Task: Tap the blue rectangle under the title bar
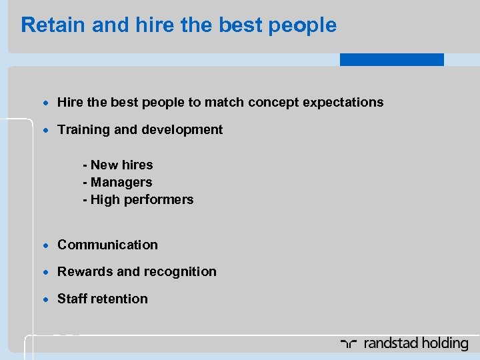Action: click(x=391, y=59)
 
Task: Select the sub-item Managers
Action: click(x=120, y=182)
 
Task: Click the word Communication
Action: click(x=107, y=245)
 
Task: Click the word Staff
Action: click(x=72, y=299)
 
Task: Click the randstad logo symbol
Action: click(x=349, y=344)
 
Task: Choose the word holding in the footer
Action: click(x=441, y=344)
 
